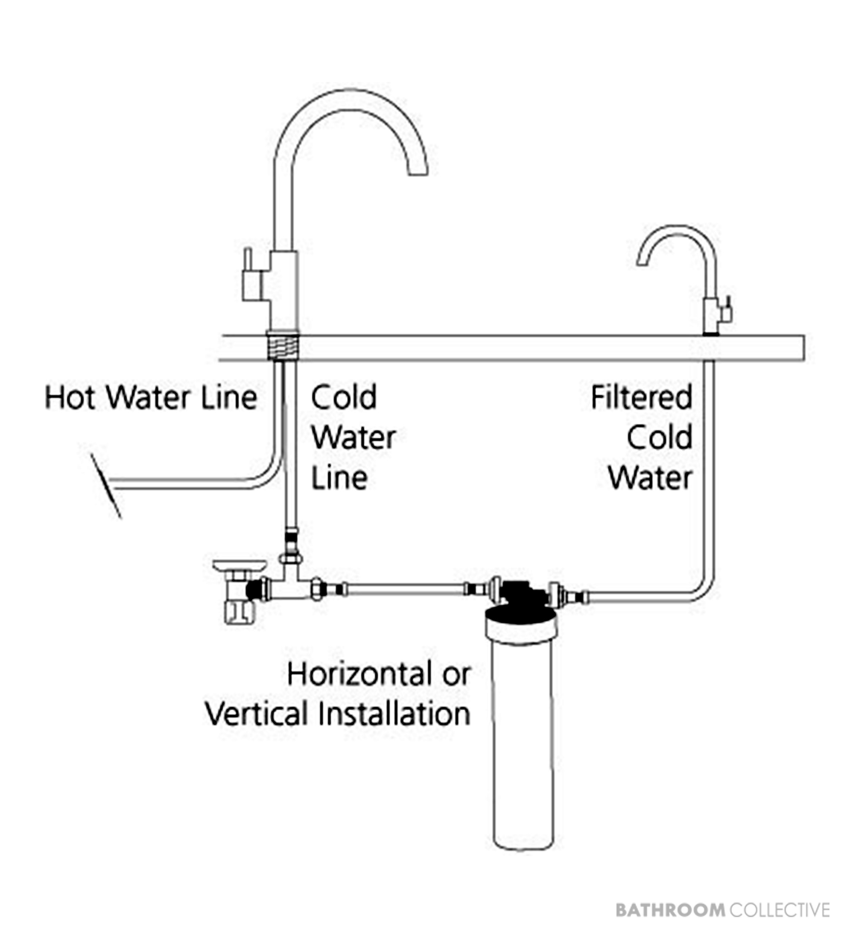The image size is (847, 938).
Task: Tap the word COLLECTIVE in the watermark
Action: (x=780, y=909)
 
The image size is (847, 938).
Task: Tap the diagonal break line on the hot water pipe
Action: (x=107, y=486)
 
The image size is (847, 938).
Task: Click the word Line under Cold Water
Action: (x=339, y=478)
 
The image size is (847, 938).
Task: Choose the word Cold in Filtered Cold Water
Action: (x=660, y=437)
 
